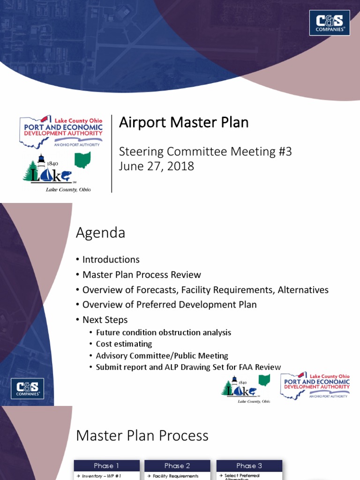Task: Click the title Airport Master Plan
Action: coord(184,123)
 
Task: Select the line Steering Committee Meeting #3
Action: coord(205,152)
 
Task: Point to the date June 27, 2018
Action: coord(157,166)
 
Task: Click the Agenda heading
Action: coord(100,233)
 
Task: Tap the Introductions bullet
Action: coord(111,260)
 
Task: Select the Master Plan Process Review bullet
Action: coord(142,275)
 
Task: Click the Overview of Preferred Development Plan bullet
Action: coord(169,305)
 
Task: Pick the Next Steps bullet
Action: coord(105,320)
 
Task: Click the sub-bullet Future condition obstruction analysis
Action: coord(163,332)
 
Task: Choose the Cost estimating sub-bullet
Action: coord(124,344)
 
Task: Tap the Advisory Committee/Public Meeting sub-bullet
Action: coord(162,356)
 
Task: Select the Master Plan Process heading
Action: coord(142,436)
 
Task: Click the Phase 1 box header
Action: coord(106,465)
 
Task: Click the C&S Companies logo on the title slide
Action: coord(329,22)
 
